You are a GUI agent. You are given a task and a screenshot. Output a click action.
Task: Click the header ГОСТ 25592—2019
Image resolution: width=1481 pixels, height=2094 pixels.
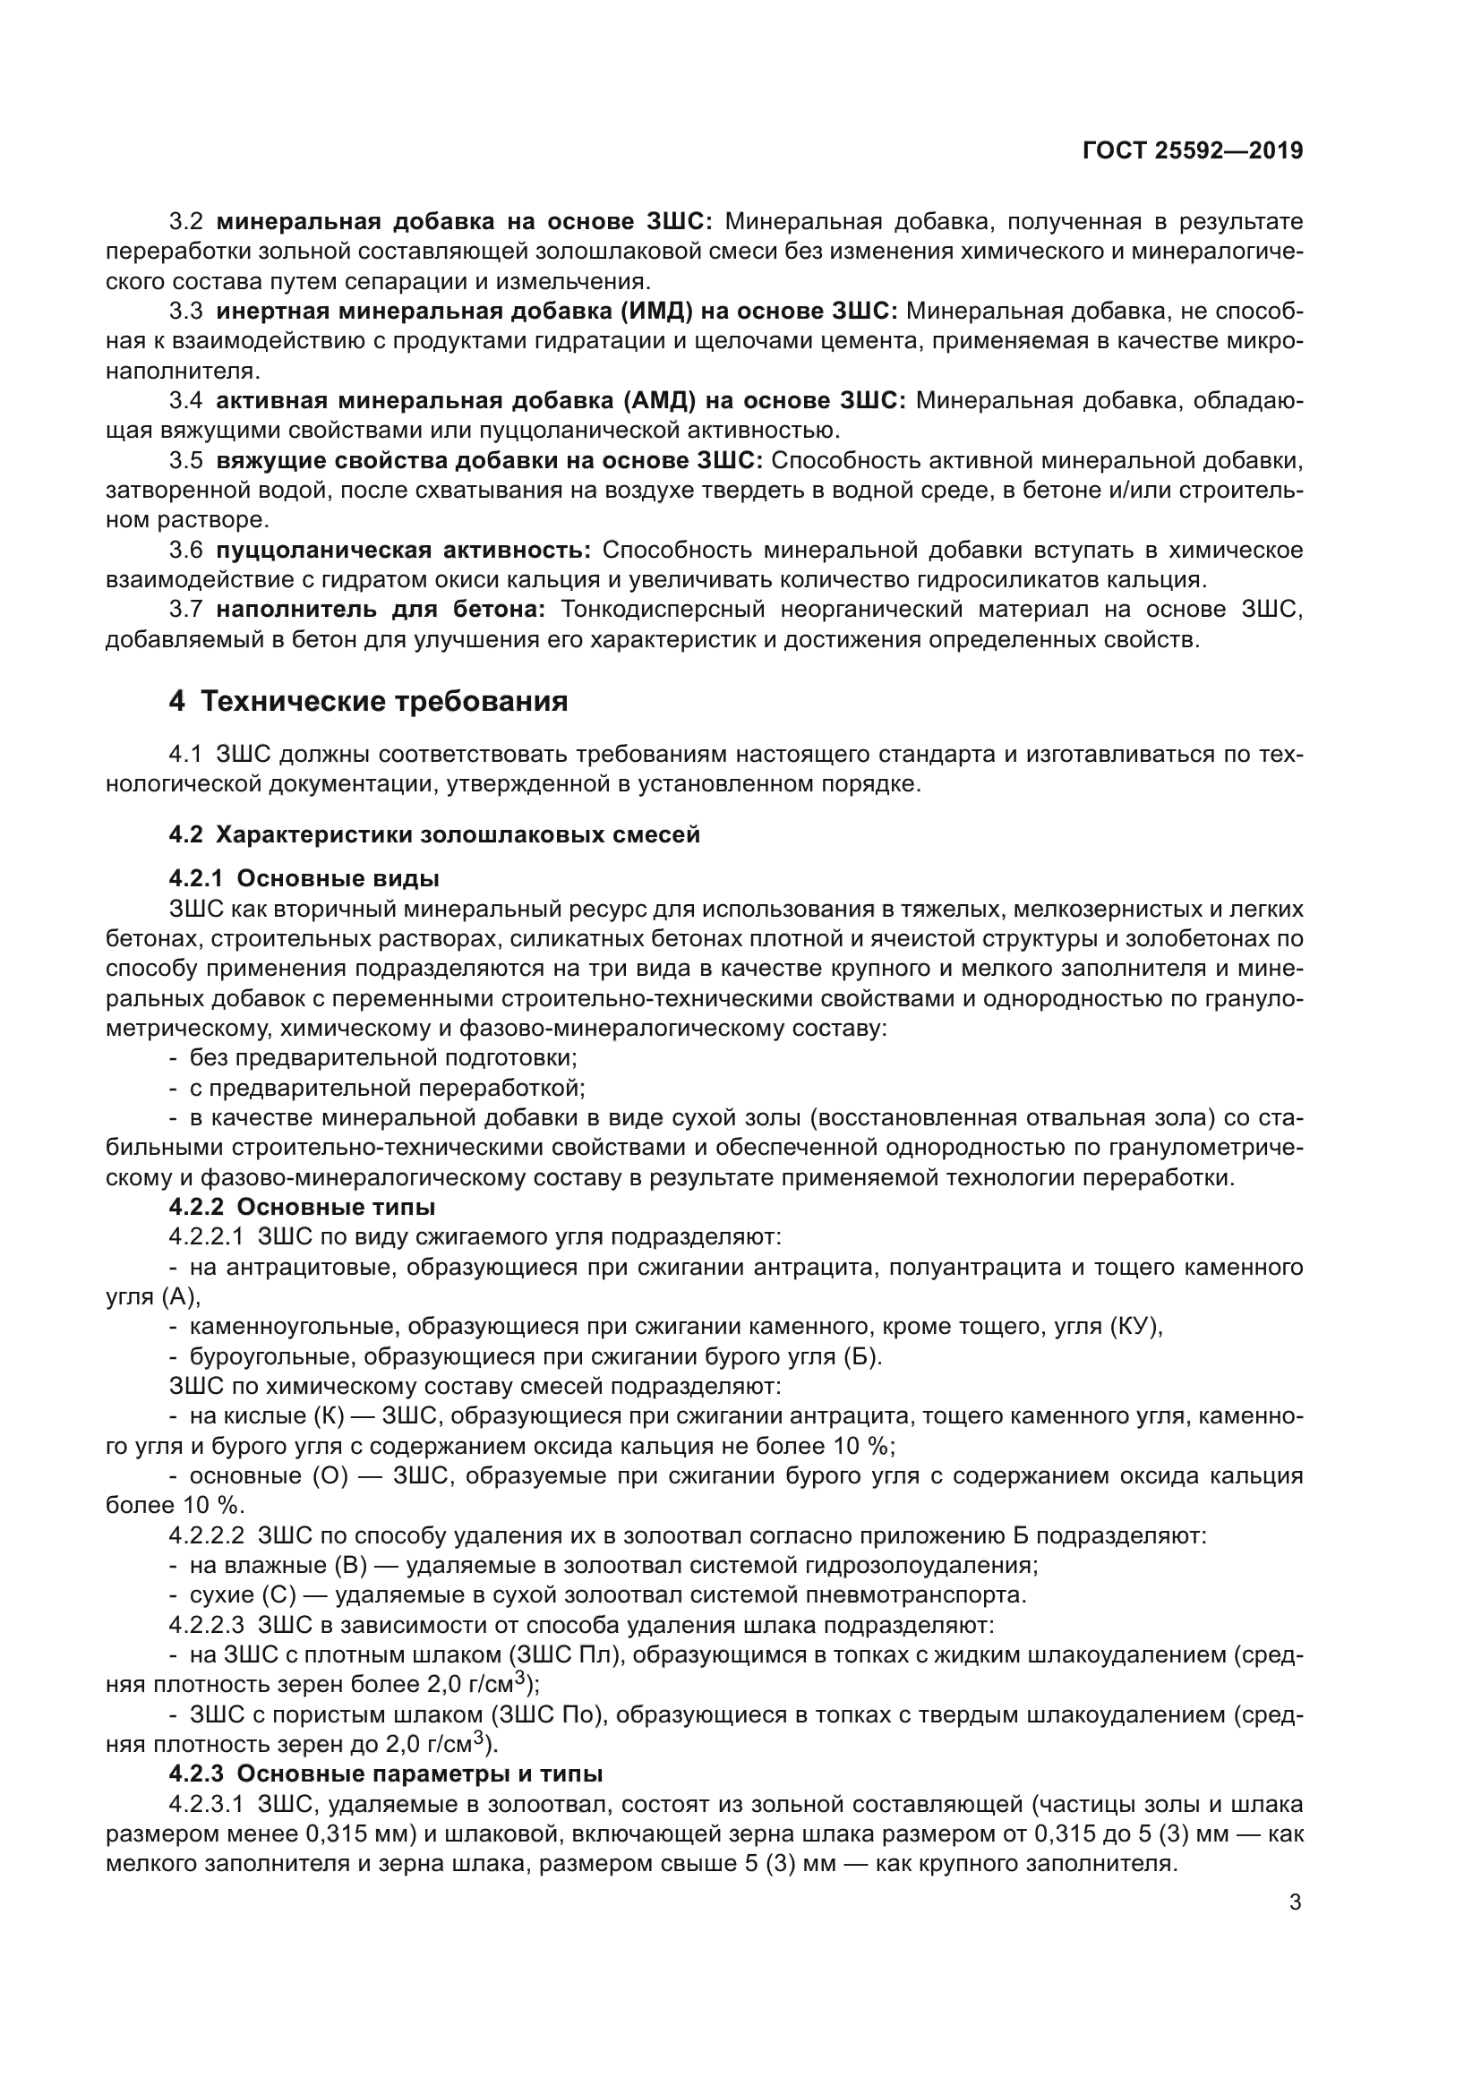1192,151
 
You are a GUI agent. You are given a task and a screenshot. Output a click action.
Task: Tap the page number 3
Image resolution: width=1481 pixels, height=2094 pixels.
1295,1902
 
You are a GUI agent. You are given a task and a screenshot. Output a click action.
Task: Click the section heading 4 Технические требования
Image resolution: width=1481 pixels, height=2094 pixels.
368,700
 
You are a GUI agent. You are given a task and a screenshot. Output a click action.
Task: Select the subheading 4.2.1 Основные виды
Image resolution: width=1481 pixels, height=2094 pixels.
304,878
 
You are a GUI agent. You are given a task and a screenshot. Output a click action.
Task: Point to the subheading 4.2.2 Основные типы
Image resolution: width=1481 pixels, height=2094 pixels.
302,1207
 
